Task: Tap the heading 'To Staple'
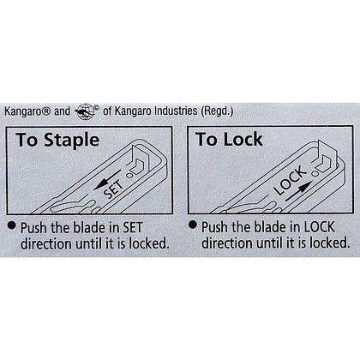click(57, 140)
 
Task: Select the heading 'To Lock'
click(229, 139)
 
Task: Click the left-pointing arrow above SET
click(107, 180)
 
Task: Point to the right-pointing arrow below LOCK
click(298, 191)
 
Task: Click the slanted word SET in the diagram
click(114, 189)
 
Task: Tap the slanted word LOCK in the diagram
click(290, 180)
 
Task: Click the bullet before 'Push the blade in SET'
click(11, 225)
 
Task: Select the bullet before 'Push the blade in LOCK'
click(193, 225)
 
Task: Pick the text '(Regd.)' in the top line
click(217, 111)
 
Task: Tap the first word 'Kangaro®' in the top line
click(27, 111)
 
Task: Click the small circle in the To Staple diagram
click(129, 176)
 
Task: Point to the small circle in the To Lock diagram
click(315, 173)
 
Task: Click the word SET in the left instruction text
click(133, 228)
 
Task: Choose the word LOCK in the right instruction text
click(319, 227)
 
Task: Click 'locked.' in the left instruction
click(149, 243)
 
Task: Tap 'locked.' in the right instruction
click(330, 243)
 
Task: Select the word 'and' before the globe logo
click(62, 111)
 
